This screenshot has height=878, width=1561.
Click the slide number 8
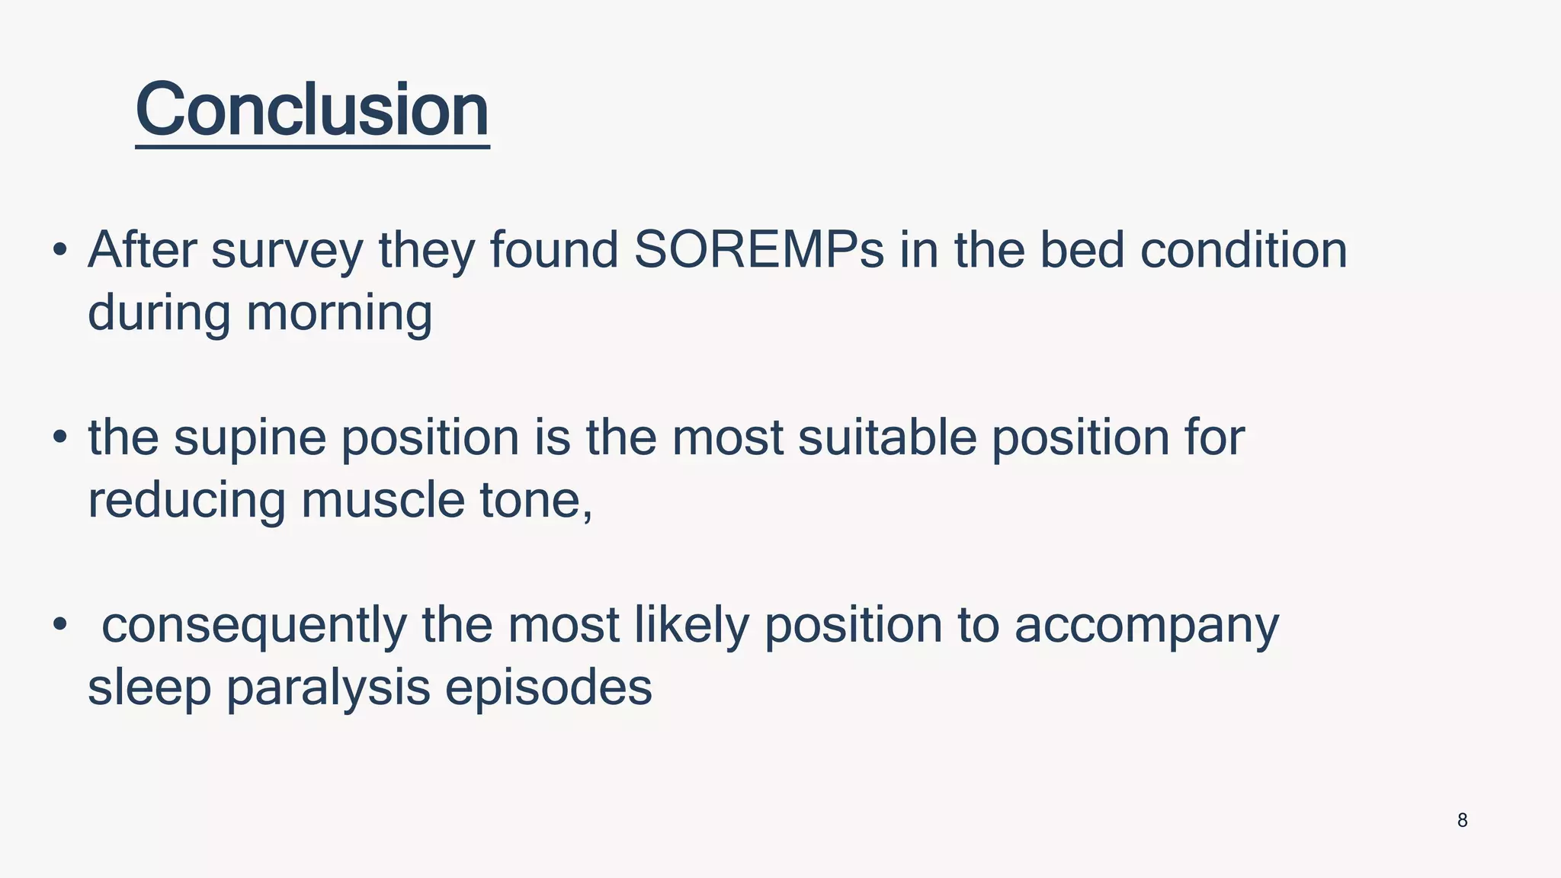pos(1462,820)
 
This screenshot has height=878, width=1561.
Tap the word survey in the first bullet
pos(287,252)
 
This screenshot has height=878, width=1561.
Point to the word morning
pos(339,314)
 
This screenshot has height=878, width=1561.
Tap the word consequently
pos(254,626)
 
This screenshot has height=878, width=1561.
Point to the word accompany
pos(1146,626)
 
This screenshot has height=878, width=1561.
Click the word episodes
pos(548,688)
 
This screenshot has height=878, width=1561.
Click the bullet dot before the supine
pos(60,437)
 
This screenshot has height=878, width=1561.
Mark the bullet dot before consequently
pos(60,625)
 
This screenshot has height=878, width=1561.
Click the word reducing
pos(186,501)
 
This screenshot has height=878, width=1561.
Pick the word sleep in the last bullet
pos(149,688)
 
